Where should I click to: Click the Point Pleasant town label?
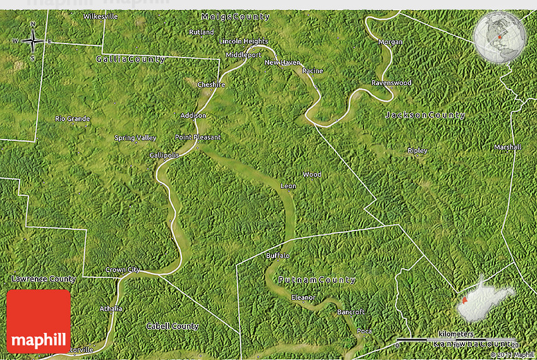198,137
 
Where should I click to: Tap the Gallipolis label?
164,155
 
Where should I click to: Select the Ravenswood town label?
391,83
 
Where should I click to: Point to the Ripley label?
417,150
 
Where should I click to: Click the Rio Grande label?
72,119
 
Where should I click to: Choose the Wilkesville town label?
100,16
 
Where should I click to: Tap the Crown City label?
123,270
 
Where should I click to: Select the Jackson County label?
425,115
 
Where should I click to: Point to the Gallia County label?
130,59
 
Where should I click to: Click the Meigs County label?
235,16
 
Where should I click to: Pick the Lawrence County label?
44,279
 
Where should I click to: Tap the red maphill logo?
39,321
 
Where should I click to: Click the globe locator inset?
500,37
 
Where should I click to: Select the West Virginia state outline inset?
485,296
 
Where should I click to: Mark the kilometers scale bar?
455,339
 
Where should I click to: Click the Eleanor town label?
303,297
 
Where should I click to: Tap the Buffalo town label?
277,256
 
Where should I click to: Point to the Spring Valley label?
135,138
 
